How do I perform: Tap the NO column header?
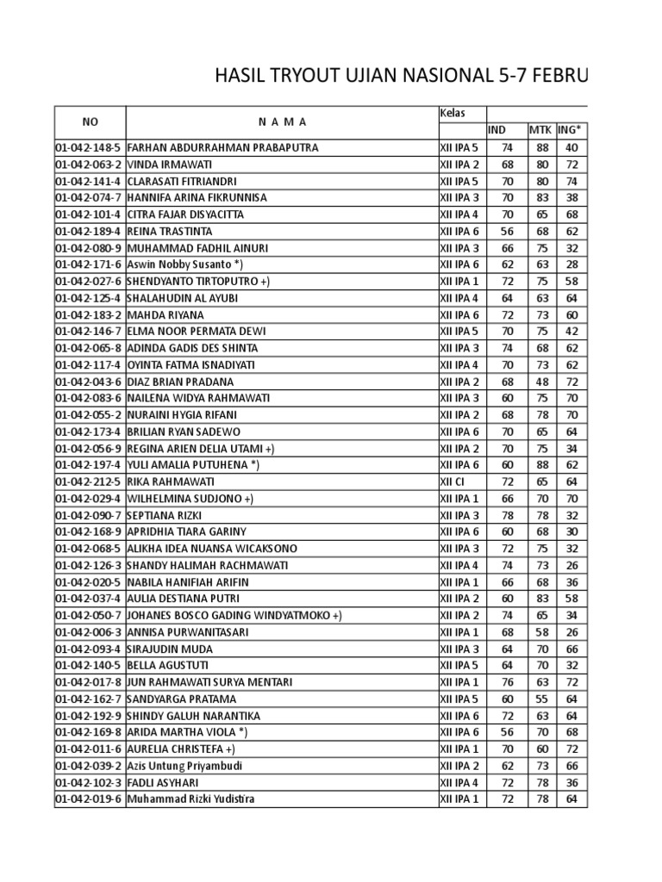(91, 122)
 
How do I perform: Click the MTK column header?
(540, 130)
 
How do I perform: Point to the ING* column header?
(569, 130)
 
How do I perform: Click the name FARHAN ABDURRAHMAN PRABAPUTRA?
(222, 147)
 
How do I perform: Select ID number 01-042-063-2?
(90, 164)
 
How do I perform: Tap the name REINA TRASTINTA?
(169, 231)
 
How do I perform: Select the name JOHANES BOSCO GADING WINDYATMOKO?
(234, 615)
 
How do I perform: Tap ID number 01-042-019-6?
(90, 798)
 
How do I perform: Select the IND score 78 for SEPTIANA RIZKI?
(507, 515)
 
